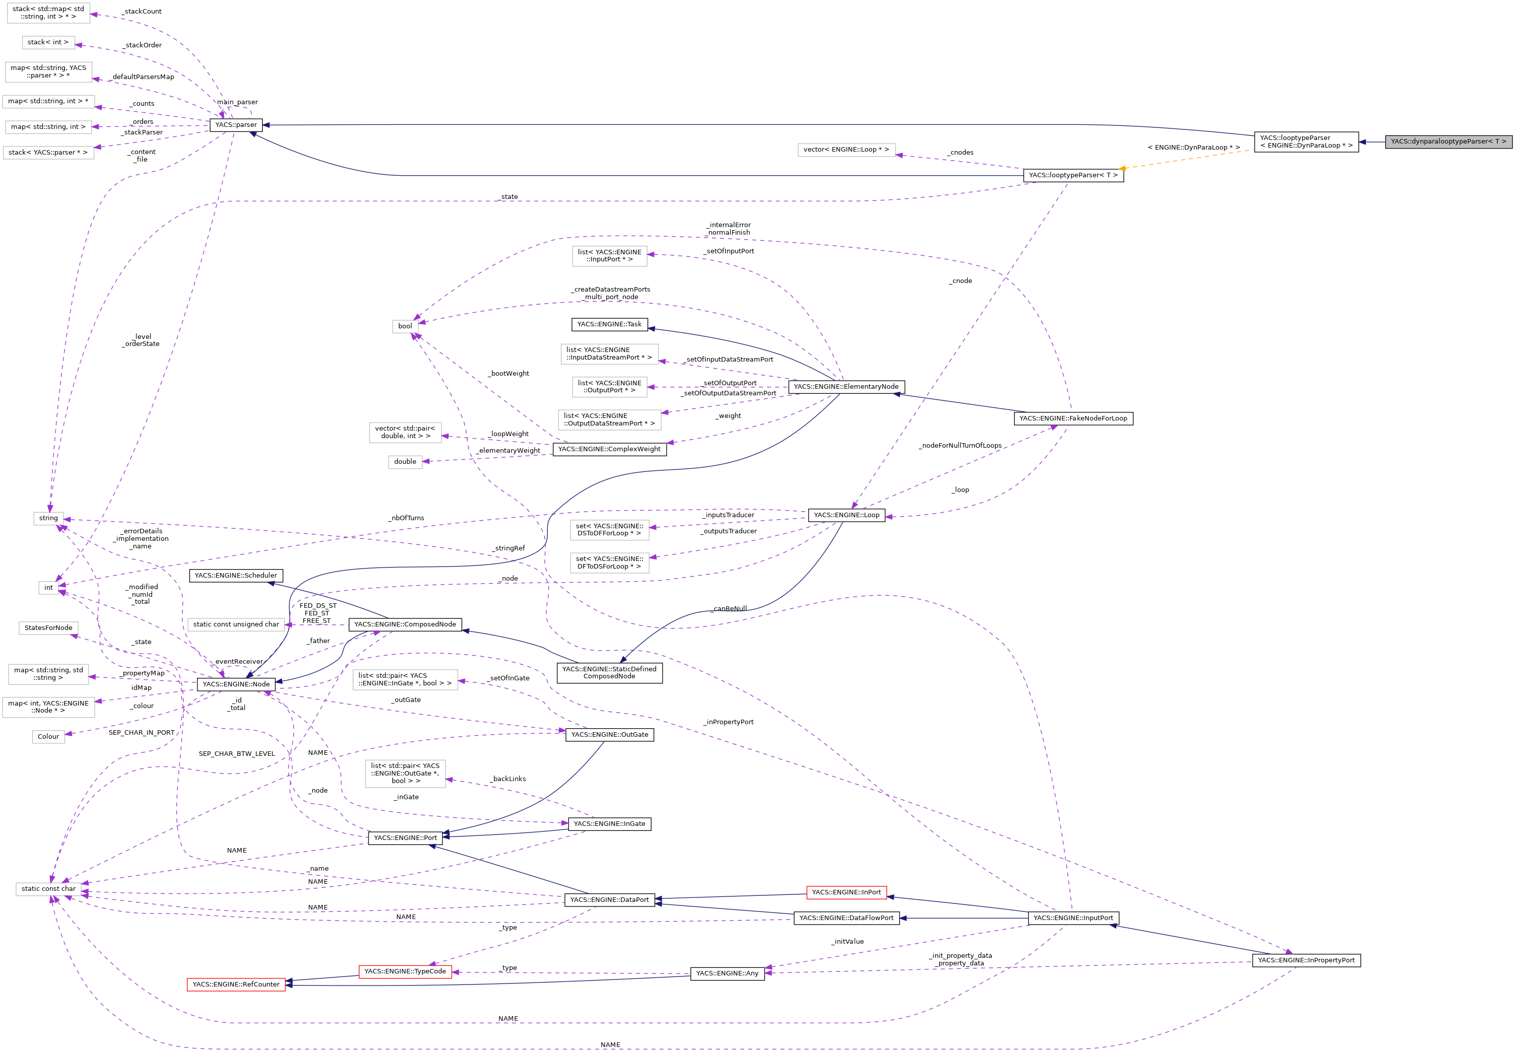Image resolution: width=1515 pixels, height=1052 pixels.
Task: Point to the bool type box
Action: [x=405, y=326]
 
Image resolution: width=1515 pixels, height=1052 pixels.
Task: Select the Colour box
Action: [x=48, y=737]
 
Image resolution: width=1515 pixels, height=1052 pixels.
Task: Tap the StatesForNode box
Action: [x=48, y=628]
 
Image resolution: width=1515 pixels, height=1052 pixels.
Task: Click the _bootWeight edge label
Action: [x=508, y=374]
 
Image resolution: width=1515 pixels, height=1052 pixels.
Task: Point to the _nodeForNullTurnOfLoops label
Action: [x=960, y=446]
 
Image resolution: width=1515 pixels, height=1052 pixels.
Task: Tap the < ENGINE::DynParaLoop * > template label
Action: [x=1193, y=148]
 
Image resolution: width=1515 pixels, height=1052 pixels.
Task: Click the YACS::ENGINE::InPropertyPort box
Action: [x=1306, y=960]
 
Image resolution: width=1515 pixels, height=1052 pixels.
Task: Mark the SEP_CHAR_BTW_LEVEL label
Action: [x=237, y=754]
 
